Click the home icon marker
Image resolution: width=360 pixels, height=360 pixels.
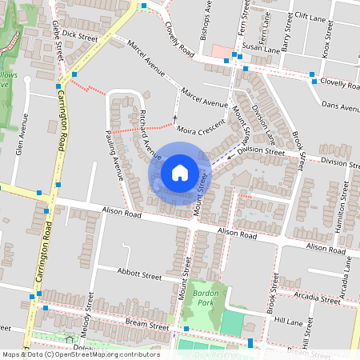point(180,173)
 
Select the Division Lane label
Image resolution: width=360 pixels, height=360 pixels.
point(263,118)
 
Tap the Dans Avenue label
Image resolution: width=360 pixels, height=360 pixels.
point(337,105)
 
